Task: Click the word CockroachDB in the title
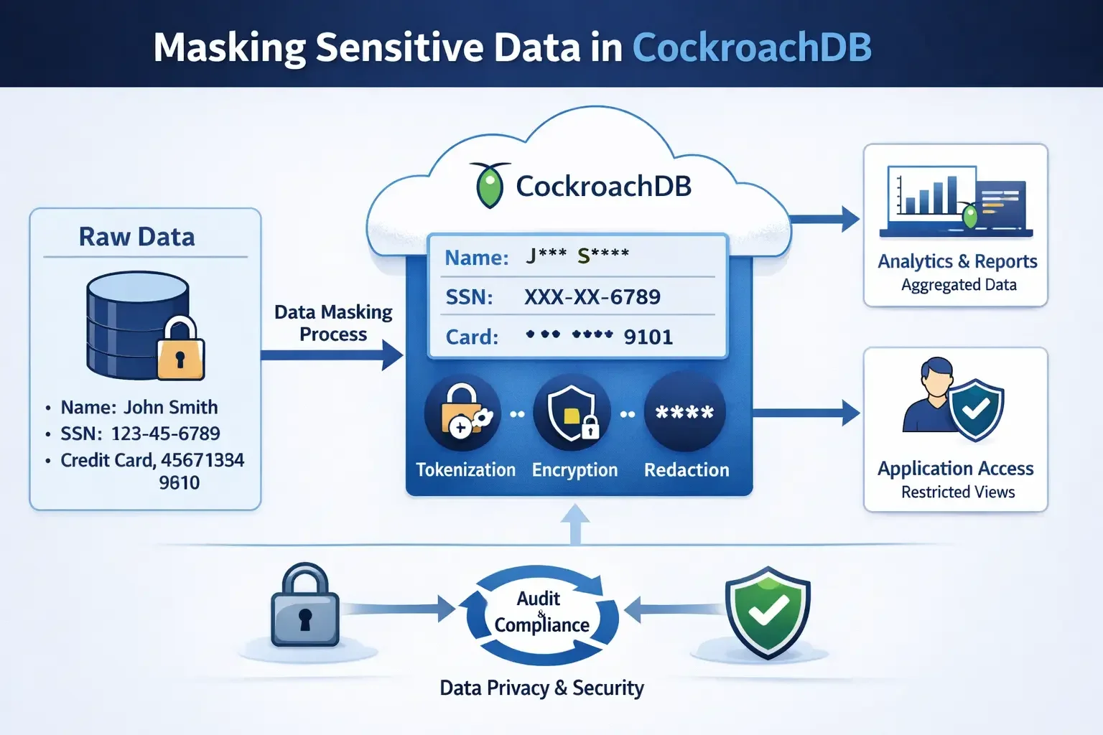(751, 47)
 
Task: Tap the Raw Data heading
(136, 237)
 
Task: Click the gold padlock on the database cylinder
(180, 350)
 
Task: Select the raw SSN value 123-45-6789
(165, 434)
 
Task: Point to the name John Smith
(171, 407)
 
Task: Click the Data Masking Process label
(333, 323)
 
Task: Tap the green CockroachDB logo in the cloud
(490, 185)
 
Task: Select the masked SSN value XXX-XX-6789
(592, 297)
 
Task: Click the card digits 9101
(648, 337)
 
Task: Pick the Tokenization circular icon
(462, 413)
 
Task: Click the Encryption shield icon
(572, 413)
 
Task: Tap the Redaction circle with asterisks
(684, 412)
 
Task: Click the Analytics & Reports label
(957, 261)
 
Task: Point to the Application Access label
(955, 469)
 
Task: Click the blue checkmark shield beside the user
(975, 410)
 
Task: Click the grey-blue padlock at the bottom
(304, 607)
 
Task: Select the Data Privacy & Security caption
(541, 688)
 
